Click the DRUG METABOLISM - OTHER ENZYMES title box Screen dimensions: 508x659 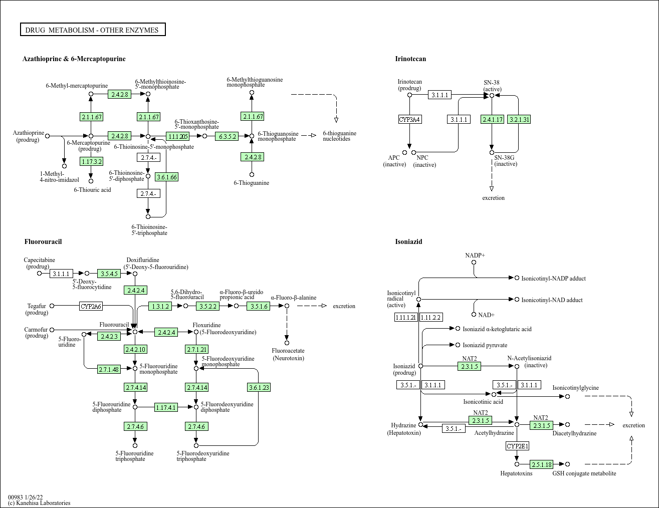tap(93, 30)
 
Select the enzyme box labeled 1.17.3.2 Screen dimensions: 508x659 tap(91, 161)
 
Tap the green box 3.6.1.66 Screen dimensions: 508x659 tap(166, 177)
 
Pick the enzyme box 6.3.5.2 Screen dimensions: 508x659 tap(227, 136)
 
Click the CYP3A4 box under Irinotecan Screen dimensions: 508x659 tap(409, 119)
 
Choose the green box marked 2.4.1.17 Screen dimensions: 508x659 tap(492, 119)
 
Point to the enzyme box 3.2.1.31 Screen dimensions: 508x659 tap(519, 119)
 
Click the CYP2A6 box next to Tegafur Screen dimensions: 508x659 tap(91, 306)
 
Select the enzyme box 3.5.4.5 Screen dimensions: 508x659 tap(109, 274)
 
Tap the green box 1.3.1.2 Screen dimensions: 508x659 tap(160, 306)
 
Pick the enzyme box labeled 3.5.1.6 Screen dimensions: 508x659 tap(258, 306)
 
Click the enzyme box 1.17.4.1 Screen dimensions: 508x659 tap(166, 407)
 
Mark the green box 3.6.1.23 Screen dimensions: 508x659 tap(259, 387)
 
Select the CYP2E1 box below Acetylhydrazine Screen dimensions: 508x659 tap(517, 446)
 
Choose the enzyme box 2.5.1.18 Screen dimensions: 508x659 tap(542, 464)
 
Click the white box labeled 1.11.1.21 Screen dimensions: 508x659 tap(406, 317)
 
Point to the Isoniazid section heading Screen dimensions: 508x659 tap(408, 241)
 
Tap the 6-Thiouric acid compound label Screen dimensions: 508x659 tap(92, 190)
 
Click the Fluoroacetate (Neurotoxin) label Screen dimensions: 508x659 tap(288, 354)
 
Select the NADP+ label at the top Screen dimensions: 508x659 tap(475, 256)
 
